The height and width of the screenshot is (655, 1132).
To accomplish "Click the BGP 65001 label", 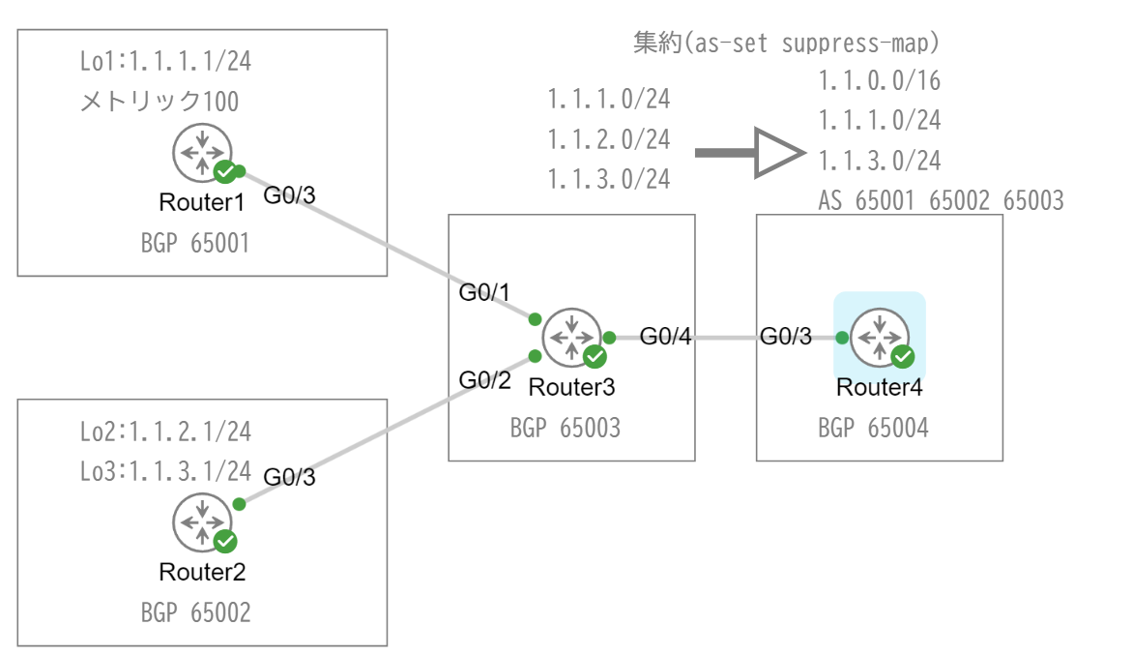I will (195, 243).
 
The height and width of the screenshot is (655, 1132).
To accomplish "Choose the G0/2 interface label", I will (484, 379).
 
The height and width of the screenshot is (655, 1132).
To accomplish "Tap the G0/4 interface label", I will (666, 338).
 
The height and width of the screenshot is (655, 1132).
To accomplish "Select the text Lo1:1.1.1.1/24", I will (165, 63).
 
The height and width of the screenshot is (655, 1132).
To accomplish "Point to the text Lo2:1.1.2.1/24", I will (165, 432).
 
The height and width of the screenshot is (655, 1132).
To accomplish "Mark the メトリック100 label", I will (160, 101).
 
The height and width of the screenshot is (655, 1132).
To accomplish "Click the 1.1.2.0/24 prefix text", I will (608, 139).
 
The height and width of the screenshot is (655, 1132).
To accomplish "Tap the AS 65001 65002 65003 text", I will (941, 201).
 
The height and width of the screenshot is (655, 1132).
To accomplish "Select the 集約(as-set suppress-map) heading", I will (786, 44).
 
